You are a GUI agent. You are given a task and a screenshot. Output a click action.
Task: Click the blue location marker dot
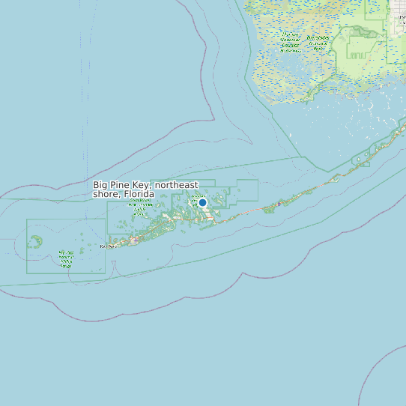[x=202, y=202]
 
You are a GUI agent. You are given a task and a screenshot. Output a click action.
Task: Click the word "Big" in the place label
[x=100, y=185]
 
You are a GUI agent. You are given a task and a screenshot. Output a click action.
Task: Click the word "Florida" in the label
[x=139, y=195]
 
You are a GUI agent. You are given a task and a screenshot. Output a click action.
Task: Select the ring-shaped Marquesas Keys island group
[x=34, y=241]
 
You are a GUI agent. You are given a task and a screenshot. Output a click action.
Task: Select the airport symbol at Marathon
[x=278, y=203]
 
